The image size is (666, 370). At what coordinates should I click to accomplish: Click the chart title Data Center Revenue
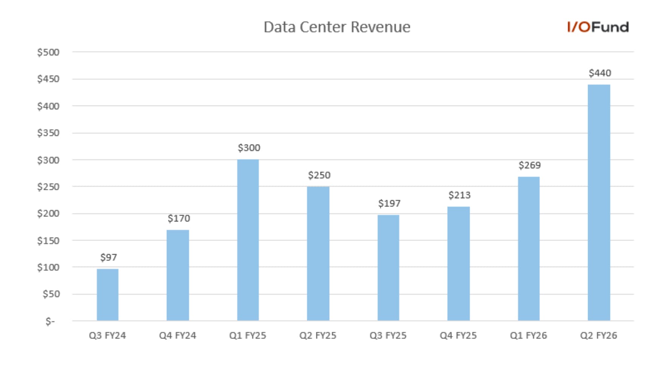coord(337,27)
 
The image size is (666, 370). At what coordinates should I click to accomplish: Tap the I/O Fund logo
coord(598,27)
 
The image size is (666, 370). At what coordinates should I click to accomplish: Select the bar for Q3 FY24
coord(107,295)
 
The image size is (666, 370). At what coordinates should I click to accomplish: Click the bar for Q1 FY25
coord(248,240)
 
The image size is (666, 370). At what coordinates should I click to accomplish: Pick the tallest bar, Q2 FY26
coord(599,203)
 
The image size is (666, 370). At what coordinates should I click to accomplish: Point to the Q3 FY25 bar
coord(388,268)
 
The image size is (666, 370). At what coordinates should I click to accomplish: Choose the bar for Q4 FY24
coord(178,275)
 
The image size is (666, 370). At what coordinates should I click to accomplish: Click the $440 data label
coord(600,73)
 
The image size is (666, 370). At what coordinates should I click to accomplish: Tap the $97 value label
coord(109,258)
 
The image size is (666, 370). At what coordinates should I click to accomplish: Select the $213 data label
coord(459,195)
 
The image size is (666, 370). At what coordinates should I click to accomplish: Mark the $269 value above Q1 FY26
coord(529,165)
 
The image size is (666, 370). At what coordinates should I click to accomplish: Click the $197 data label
coord(389,204)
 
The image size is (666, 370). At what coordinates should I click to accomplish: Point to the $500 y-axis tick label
coord(48,52)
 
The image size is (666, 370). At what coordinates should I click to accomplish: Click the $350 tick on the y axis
coord(48,133)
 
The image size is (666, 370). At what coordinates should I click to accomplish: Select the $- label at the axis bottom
coord(50,322)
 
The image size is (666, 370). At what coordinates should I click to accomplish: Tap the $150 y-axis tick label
coord(48,241)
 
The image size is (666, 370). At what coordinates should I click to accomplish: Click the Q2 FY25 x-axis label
coord(318,336)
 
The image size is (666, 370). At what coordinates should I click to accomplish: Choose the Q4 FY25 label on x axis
coord(458,336)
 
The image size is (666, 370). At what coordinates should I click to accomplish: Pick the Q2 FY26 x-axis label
coord(599,336)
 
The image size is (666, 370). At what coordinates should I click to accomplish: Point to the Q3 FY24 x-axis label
coord(107,336)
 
